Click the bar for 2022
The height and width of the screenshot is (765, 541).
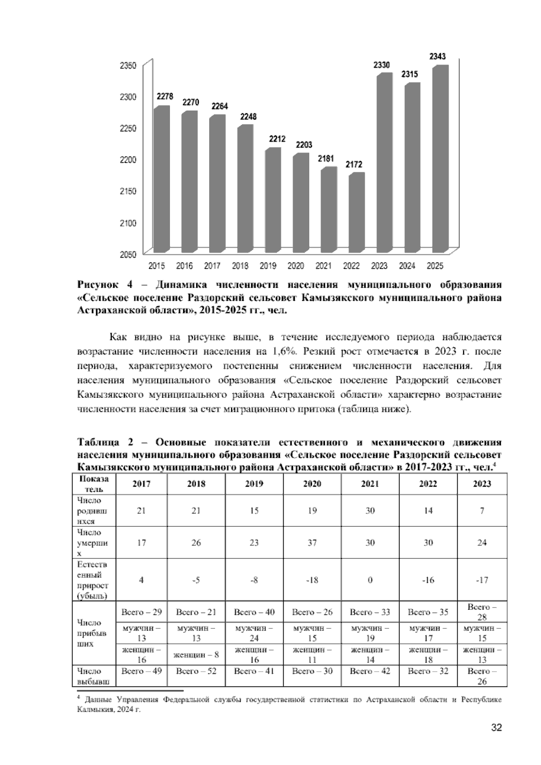pos(356,212)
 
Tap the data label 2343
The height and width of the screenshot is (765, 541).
pos(437,56)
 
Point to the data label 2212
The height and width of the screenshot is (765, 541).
pos(277,139)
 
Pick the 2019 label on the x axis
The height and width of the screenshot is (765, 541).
pos(268,266)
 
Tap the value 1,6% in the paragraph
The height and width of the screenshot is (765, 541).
pos(284,351)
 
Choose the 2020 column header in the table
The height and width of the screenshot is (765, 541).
pos(312,484)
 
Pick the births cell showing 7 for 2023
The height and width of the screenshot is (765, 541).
pos(482,511)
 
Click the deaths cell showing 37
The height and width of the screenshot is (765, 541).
pos(312,543)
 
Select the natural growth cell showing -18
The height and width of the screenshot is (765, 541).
pos(312,580)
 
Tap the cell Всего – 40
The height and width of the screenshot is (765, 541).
pos(254,612)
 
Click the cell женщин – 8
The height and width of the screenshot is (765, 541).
pos(196,654)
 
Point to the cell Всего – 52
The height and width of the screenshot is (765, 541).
pos(196,671)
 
